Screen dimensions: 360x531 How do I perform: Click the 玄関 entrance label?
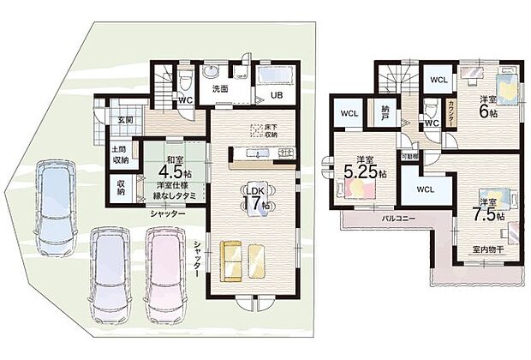123,120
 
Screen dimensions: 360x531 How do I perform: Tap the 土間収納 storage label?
120,155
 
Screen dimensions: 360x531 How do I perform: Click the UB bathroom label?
278,95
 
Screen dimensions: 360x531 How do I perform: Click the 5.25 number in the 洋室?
363,172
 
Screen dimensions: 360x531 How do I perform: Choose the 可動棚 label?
411,157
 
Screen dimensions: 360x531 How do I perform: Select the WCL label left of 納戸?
349,113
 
